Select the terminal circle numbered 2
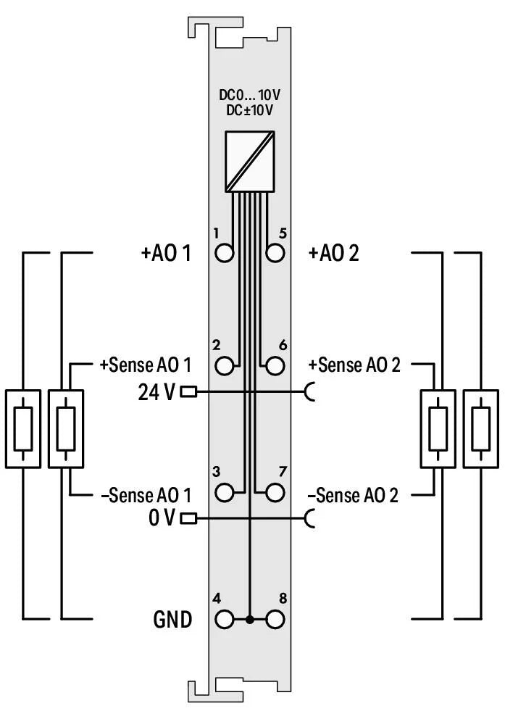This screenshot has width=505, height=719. pos(225,365)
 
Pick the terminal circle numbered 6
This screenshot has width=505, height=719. pos(275,365)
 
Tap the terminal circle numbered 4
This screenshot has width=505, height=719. pos(225,620)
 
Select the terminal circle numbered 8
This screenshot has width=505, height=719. pos(275,620)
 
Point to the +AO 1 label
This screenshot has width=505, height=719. pos(166,254)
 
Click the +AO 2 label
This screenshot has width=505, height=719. pos(334,254)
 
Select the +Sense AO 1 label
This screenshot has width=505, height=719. pos(145,365)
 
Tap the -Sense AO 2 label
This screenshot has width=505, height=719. pos(353,496)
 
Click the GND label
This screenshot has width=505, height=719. pos(172,620)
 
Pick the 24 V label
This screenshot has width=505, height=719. pos(156,392)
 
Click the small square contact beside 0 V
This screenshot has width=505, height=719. pos(189,518)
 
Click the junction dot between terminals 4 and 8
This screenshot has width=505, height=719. pos(250,620)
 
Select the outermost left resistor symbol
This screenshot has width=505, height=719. pos(23,429)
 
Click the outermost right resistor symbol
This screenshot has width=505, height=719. pos(480,429)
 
